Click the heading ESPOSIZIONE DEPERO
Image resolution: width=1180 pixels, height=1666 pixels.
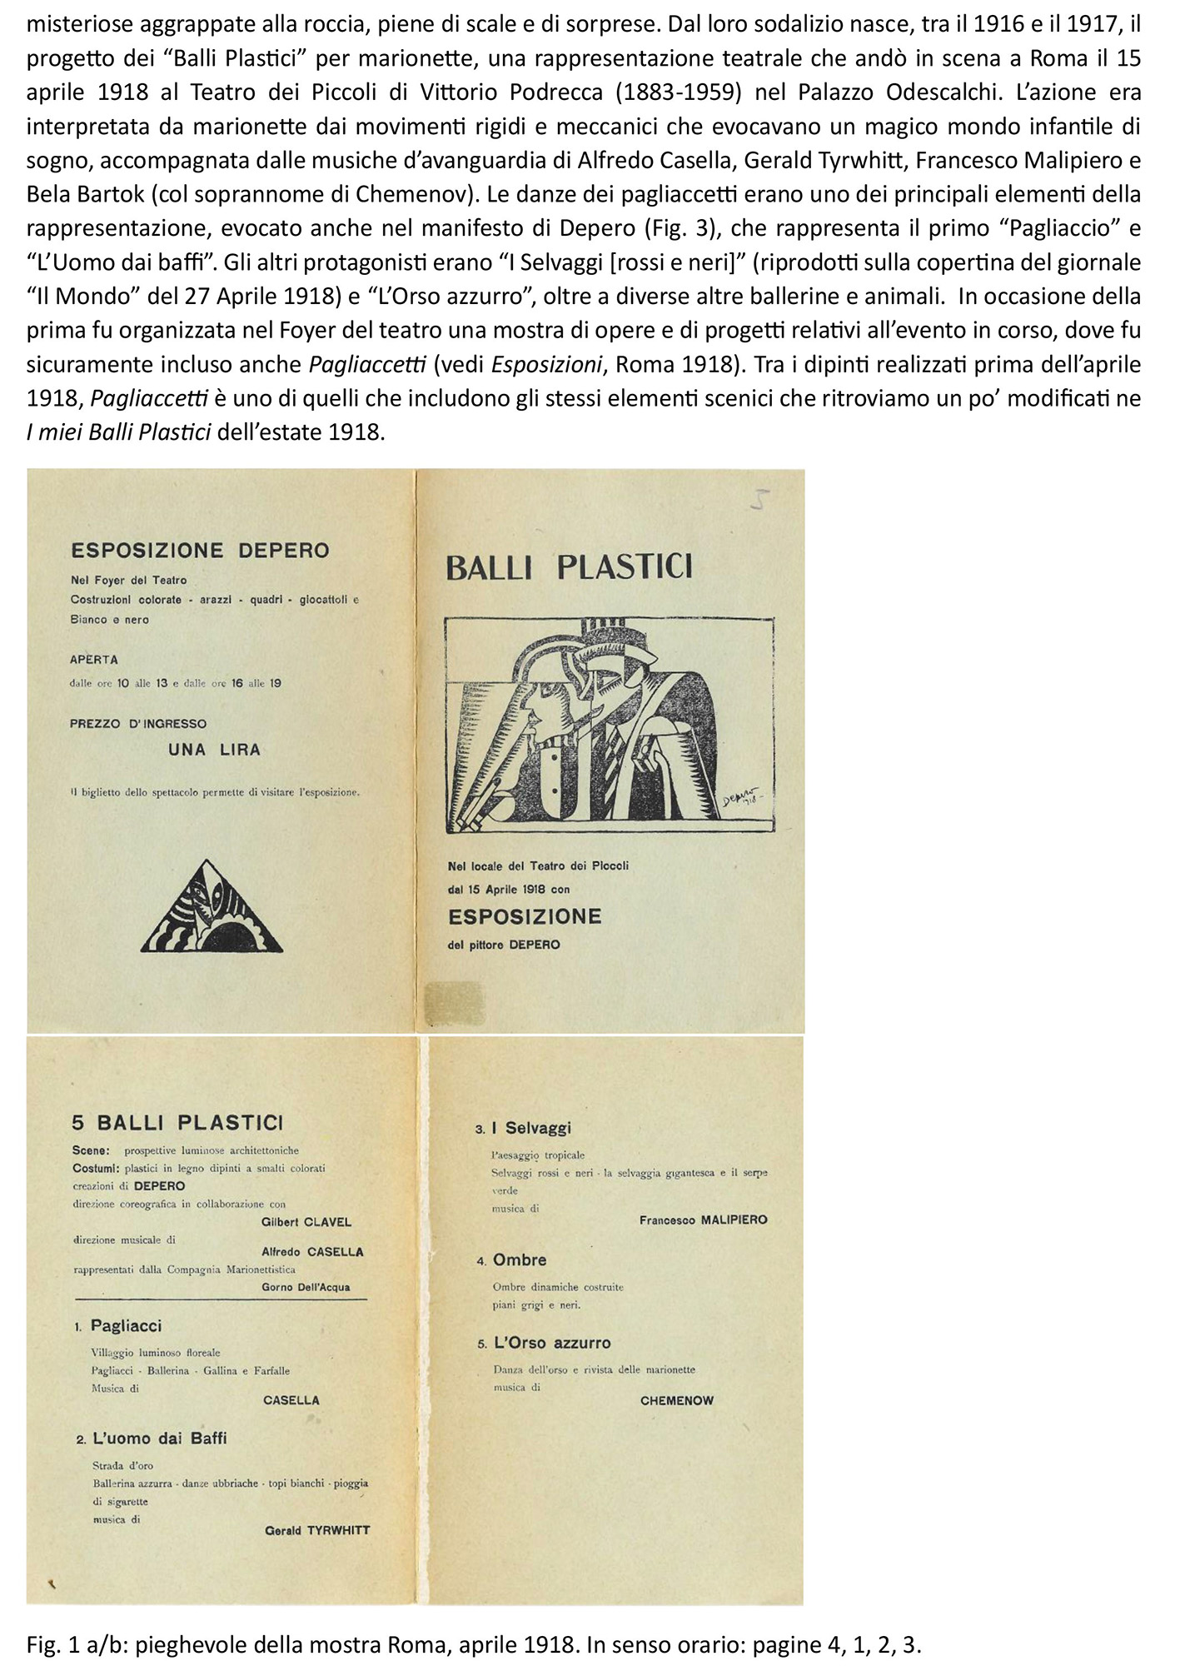tap(200, 551)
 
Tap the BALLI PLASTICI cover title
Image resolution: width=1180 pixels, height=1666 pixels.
tap(569, 567)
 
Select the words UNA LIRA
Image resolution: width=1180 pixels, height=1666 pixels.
tap(214, 750)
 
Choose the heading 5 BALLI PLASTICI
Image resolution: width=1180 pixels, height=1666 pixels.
tap(177, 1122)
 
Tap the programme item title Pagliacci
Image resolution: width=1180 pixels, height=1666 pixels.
tap(126, 1325)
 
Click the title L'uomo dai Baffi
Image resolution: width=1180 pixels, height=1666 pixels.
tap(162, 1438)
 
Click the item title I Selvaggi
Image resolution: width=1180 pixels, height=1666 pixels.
tap(530, 1128)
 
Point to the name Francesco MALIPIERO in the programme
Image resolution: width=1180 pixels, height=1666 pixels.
tap(703, 1220)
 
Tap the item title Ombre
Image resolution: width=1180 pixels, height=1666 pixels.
tap(519, 1259)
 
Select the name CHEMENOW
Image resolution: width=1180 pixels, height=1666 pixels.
tap(676, 1400)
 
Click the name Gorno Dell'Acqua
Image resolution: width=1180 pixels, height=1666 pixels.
tap(306, 1287)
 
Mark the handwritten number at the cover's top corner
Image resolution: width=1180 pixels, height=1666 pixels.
tap(759, 500)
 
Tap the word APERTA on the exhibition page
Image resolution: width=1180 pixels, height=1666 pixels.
tap(94, 659)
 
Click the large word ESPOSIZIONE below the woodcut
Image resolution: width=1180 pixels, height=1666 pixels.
tap(524, 916)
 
